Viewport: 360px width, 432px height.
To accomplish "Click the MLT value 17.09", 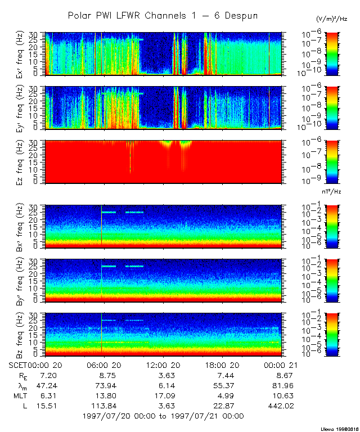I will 162,395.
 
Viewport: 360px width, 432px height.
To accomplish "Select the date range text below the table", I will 163,416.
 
